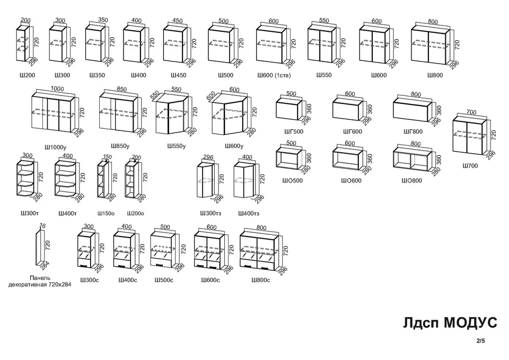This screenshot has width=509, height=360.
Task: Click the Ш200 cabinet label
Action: click(x=27, y=75)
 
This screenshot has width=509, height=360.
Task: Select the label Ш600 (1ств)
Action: click(x=274, y=75)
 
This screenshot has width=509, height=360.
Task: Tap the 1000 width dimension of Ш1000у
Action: click(x=57, y=89)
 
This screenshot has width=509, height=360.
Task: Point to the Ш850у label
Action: click(x=120, y=146)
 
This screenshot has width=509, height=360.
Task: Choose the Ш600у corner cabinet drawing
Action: click(x=229, y=114)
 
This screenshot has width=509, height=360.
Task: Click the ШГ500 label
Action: click(x=293, y=131)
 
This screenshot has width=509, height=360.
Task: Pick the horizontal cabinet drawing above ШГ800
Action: click(x=413, y=109)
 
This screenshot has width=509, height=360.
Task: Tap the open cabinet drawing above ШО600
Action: click(x=348, y=158)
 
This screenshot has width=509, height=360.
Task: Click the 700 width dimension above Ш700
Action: click(x=471, y=112)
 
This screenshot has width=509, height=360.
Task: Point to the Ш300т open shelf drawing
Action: click(x=25, y=179)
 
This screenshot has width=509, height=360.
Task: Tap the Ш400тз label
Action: click(x=249, y=214)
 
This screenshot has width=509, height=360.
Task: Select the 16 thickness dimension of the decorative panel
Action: click(x=42, y=226)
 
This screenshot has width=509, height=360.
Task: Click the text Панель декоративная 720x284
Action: click(x=40, y=282)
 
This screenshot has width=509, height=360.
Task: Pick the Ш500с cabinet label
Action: click(x=164, y=280)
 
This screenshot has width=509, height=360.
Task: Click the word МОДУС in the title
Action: click(x=470, y=323)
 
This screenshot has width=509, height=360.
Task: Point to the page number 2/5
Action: click(x=481, y=341)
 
